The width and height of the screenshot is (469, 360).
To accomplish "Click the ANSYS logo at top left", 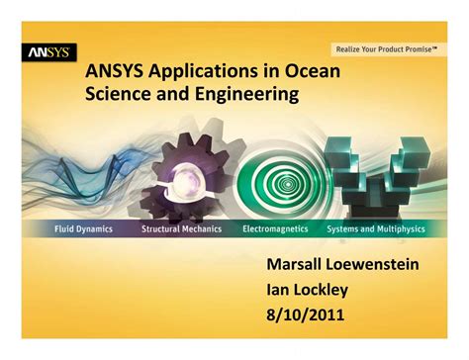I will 47,51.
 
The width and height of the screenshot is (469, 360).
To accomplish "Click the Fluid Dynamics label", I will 83,228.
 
